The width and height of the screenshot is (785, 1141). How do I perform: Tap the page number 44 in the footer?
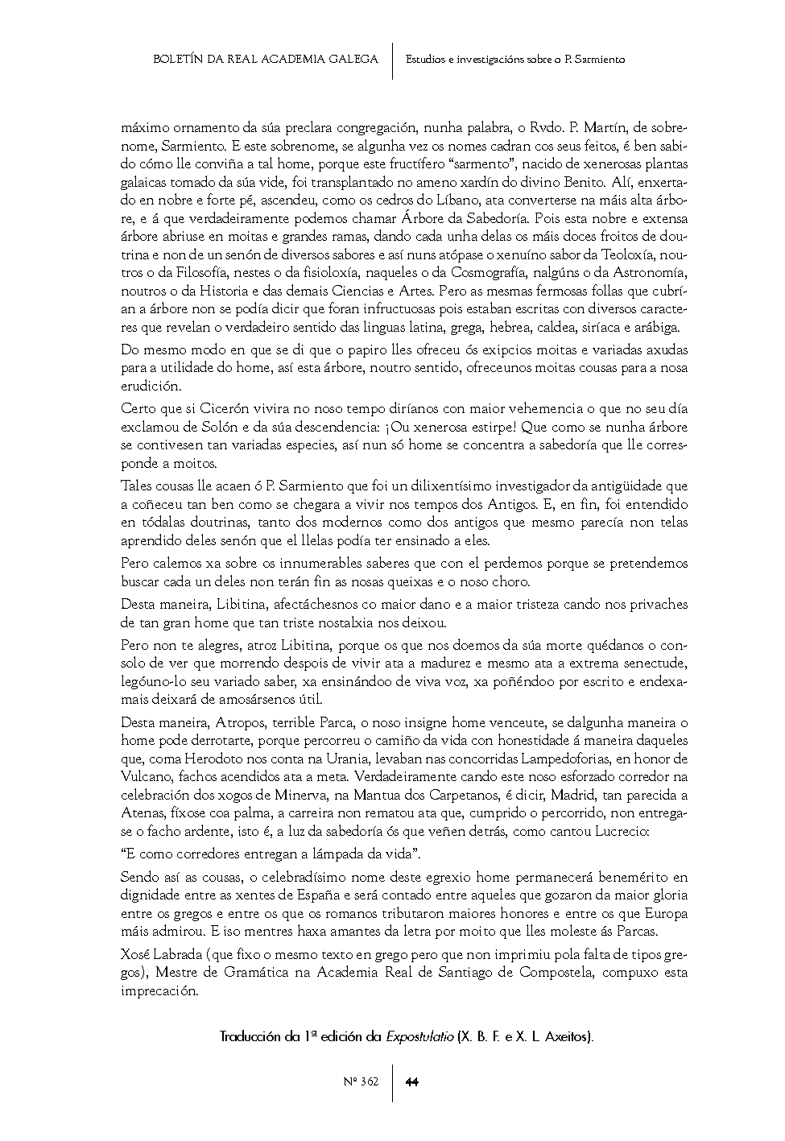(411, 1081)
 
